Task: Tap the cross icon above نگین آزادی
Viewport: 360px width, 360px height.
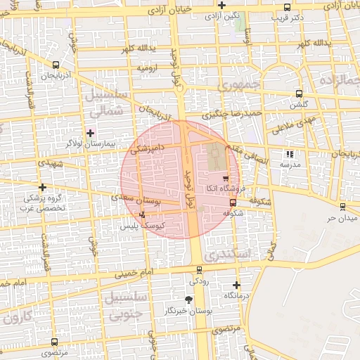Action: click(x=222, y=5)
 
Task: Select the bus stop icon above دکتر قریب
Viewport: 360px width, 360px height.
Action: click(x=288, y=8)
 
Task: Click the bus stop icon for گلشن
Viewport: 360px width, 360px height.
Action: click(x=299, y=94)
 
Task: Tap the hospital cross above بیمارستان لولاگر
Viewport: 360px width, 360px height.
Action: click(x=90, y=132)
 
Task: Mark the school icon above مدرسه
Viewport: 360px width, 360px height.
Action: click(x=288, y=154)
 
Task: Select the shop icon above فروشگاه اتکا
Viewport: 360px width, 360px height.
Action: click(x=225, y=179)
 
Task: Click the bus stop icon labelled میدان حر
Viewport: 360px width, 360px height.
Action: click(x=342, y=207)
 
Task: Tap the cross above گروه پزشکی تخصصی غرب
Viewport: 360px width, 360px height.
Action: click(x=44, y=188)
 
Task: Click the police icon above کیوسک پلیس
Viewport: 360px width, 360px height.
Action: click(x=143, y=215)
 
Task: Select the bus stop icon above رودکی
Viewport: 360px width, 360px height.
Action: click(x=199, y=269)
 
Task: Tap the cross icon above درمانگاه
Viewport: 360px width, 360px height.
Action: click(x=236, y=285)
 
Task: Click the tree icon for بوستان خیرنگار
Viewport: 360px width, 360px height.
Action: click(x=188, y=300)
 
